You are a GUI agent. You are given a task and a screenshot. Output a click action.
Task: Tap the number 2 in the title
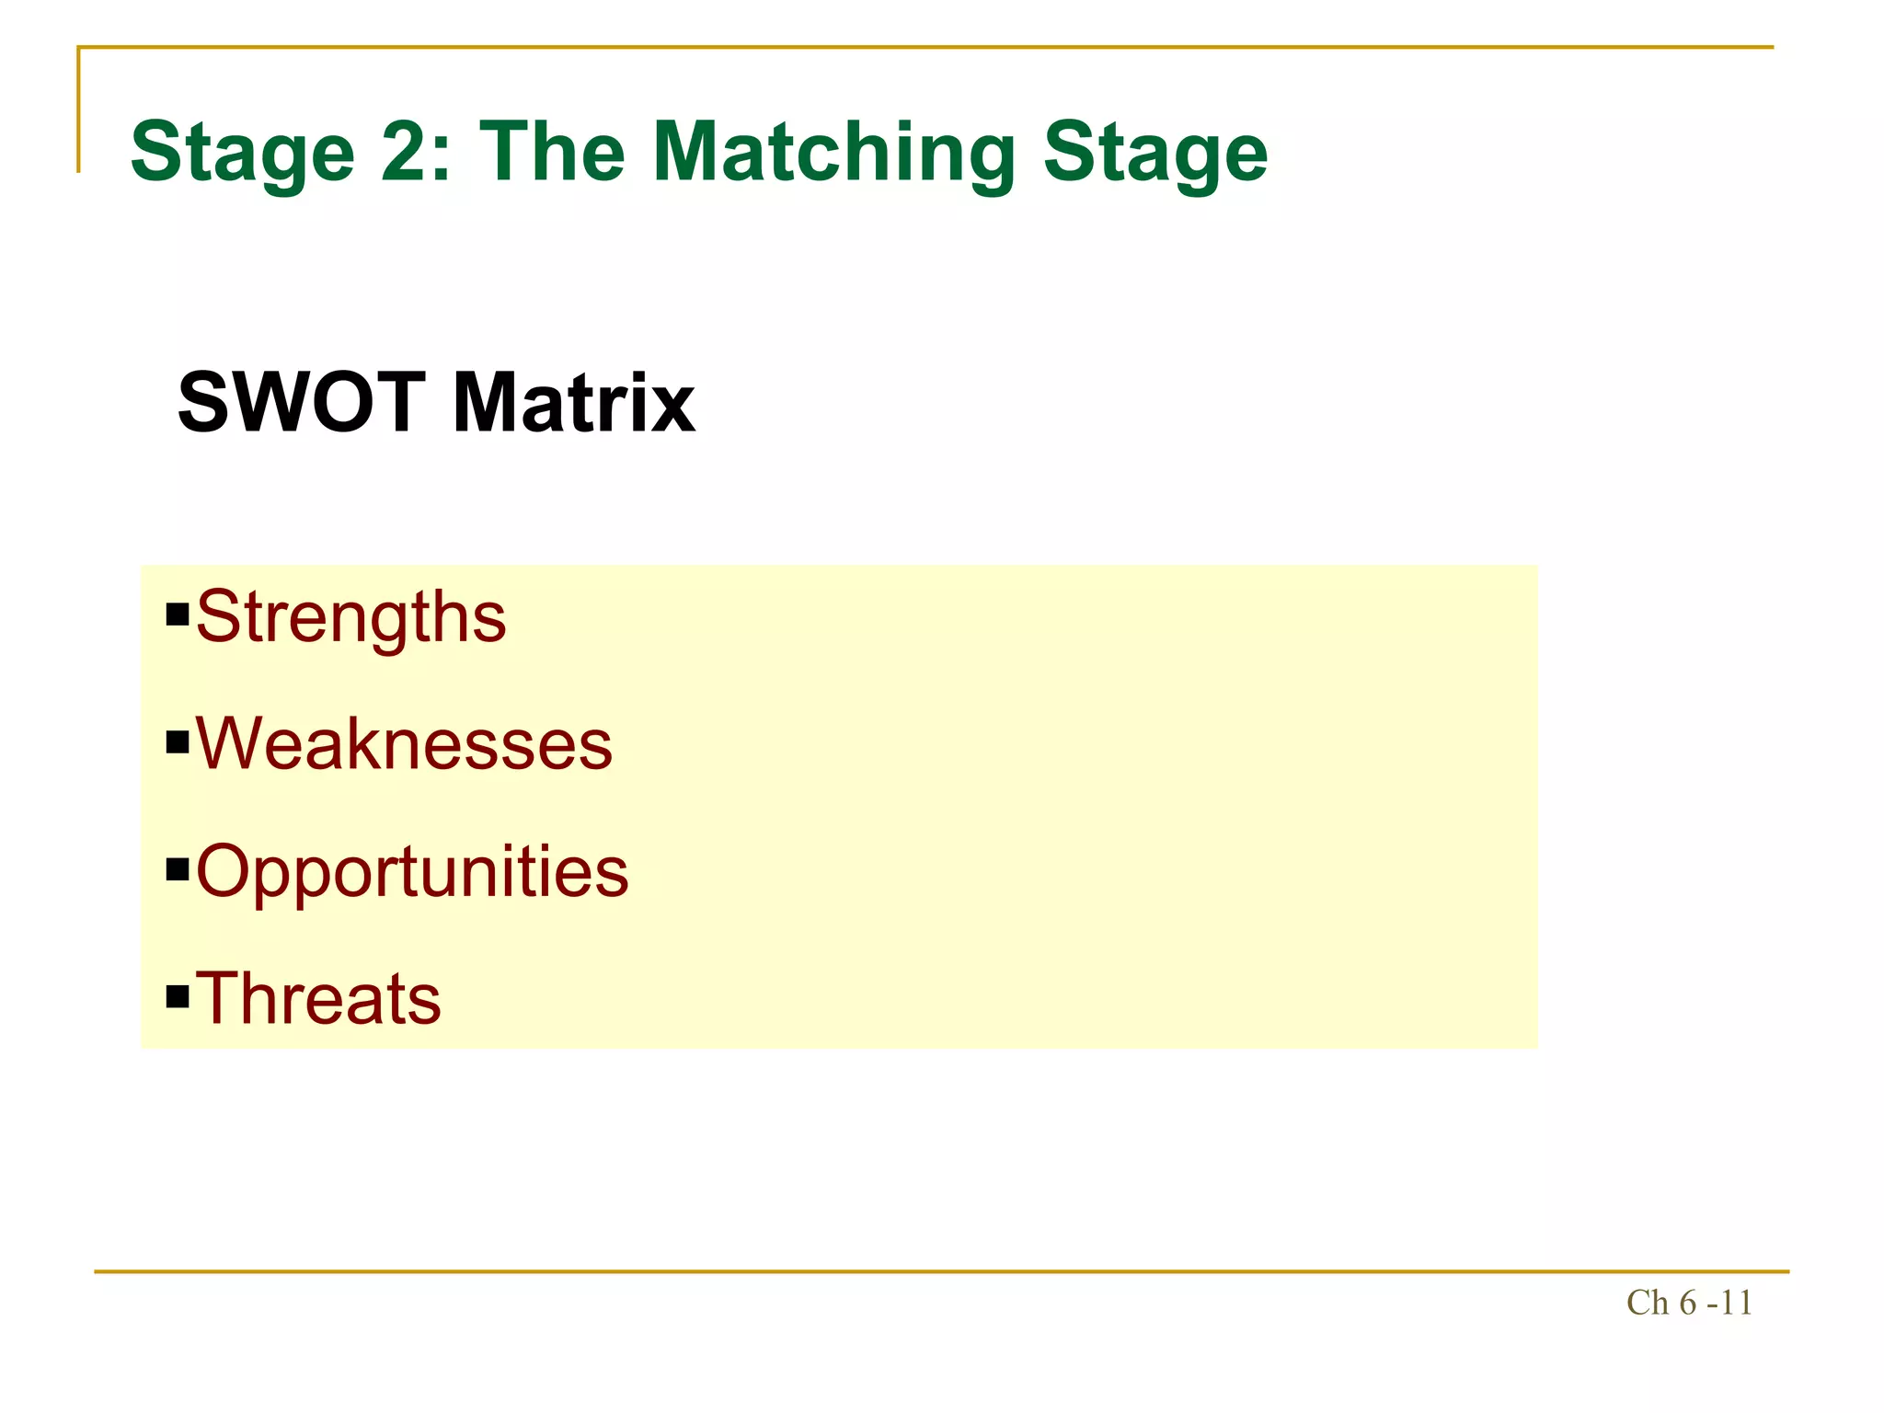402,153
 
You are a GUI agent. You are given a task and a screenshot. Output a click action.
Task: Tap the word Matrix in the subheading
574,402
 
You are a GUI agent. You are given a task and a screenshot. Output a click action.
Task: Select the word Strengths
350,617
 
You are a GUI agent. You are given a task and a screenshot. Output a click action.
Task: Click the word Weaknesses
404,744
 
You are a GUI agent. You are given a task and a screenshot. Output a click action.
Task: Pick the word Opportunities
412,871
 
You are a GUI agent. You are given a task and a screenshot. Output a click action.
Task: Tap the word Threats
318,998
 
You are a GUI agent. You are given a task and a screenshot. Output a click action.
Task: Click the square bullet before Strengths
178,614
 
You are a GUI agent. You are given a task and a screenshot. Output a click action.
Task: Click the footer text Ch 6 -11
1689,1304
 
